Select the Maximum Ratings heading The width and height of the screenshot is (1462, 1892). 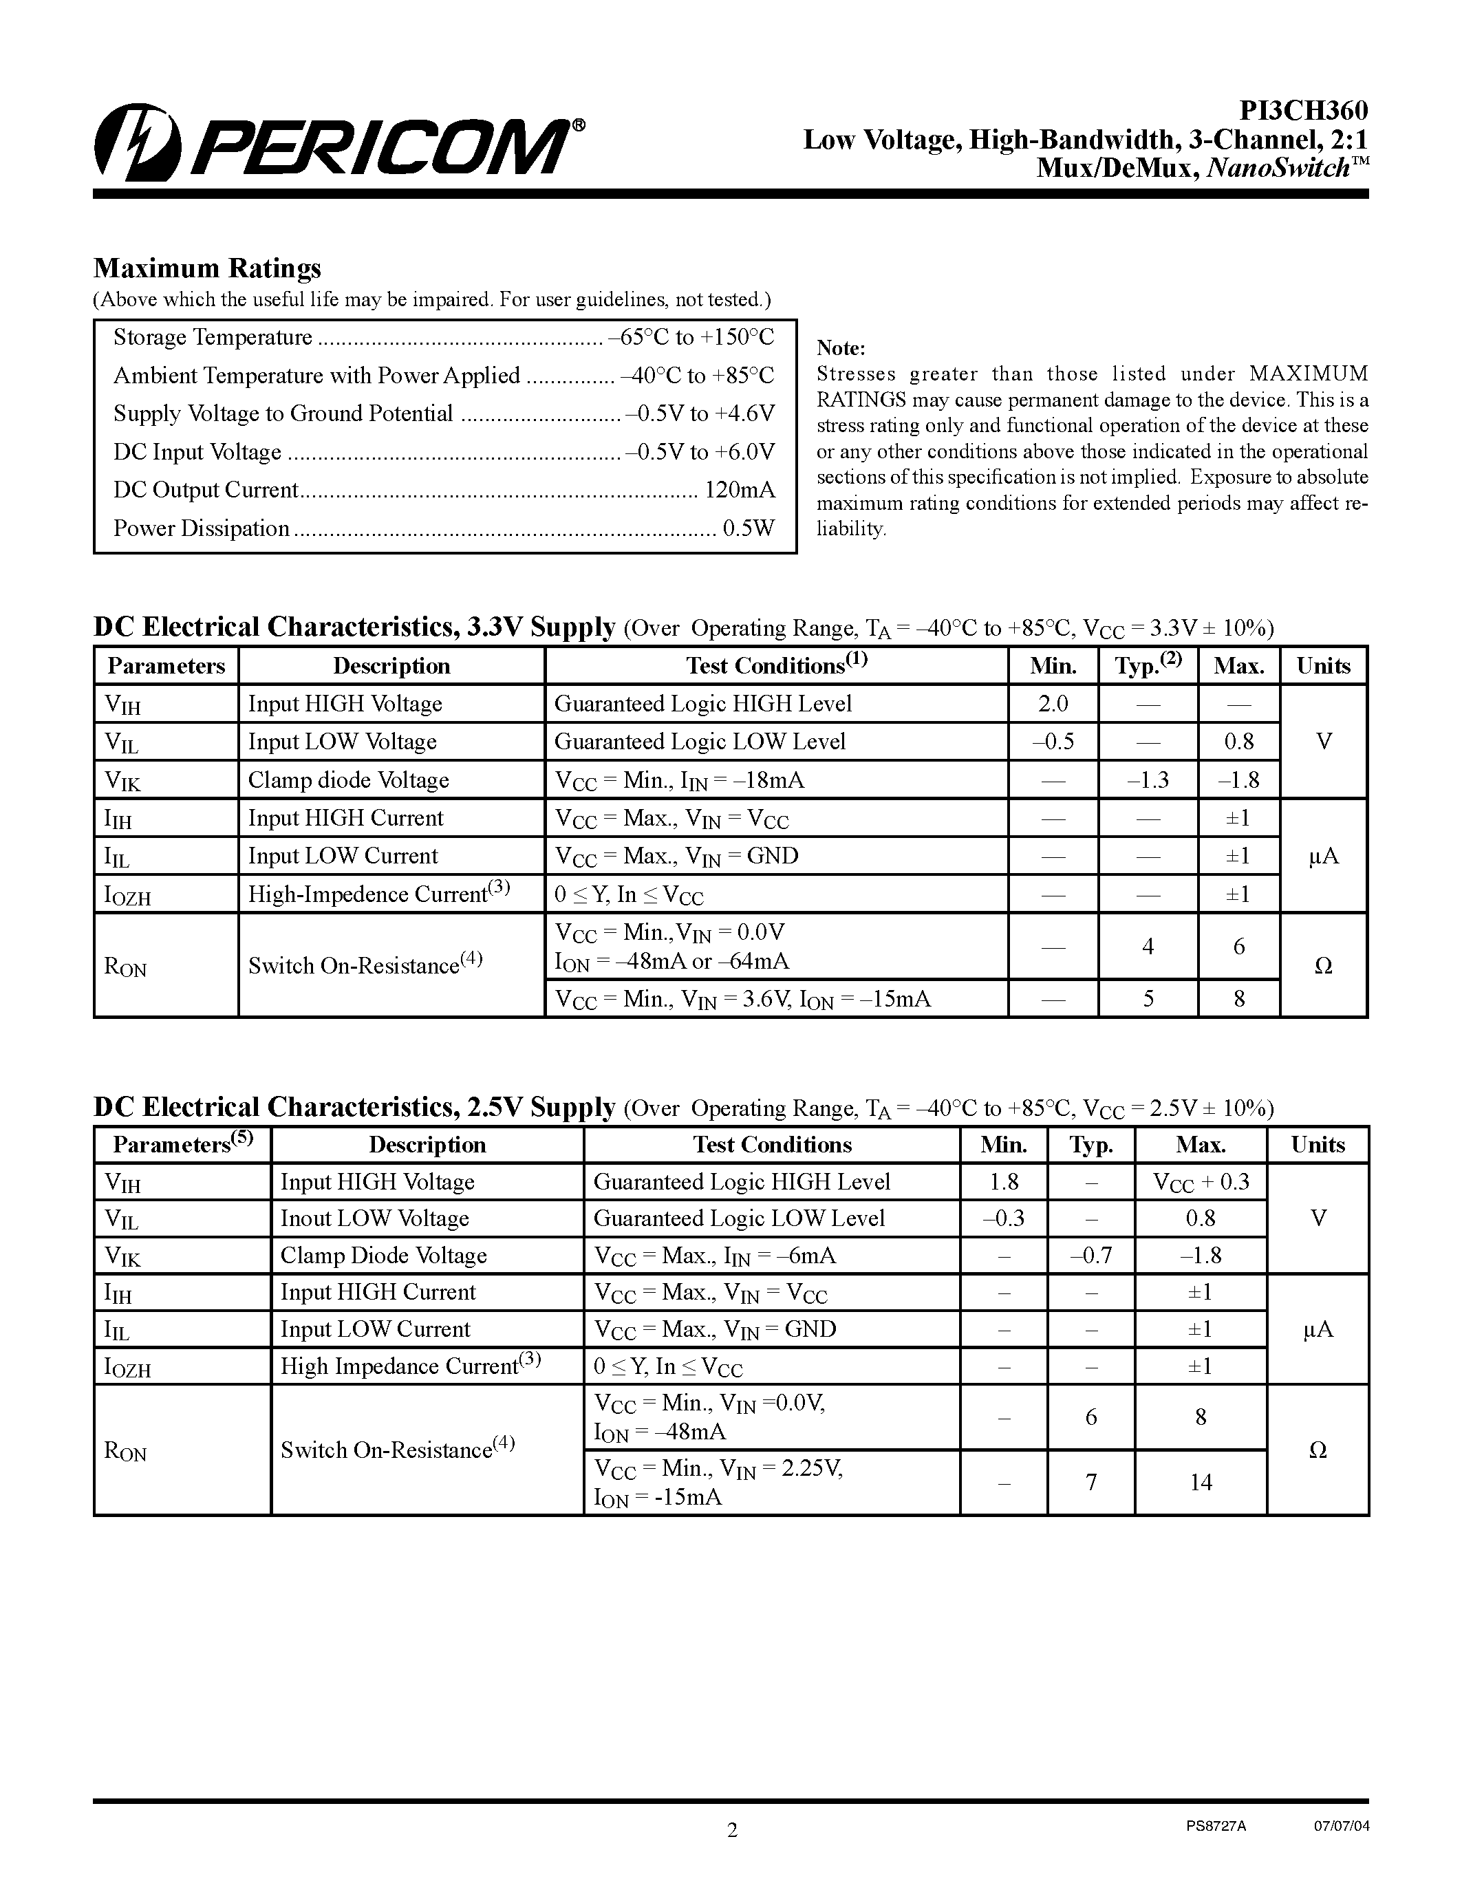point(207,268)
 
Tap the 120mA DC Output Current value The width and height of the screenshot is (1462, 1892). point(740,491)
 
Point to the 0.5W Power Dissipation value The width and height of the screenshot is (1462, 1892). point(749,528)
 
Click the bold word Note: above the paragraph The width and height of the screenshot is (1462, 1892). point(841,348)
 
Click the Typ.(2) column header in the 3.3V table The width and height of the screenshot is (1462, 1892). point(1148,665)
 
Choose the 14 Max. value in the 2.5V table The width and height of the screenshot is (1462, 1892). point(1201,1482)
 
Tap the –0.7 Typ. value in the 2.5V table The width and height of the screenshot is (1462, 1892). point(1090,1256)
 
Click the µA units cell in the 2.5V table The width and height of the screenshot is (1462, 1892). point(1318,1329)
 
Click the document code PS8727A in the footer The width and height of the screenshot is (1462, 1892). point(1216,1825)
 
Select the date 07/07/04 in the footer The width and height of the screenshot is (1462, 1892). point(1342,1825)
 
